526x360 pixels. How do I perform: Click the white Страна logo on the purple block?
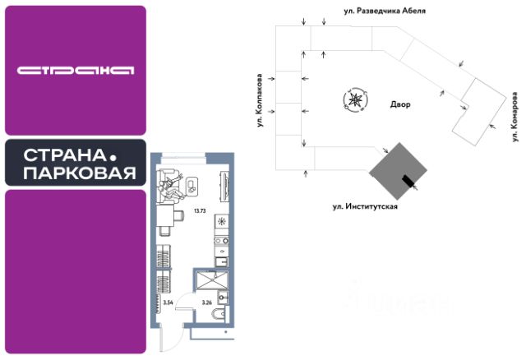[75, 70]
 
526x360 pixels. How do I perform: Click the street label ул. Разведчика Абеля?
[385, 12]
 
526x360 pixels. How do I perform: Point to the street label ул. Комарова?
[514, 114]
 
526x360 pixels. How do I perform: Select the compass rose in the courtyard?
[354, 100]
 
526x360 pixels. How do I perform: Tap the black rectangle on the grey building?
[406, 182]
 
